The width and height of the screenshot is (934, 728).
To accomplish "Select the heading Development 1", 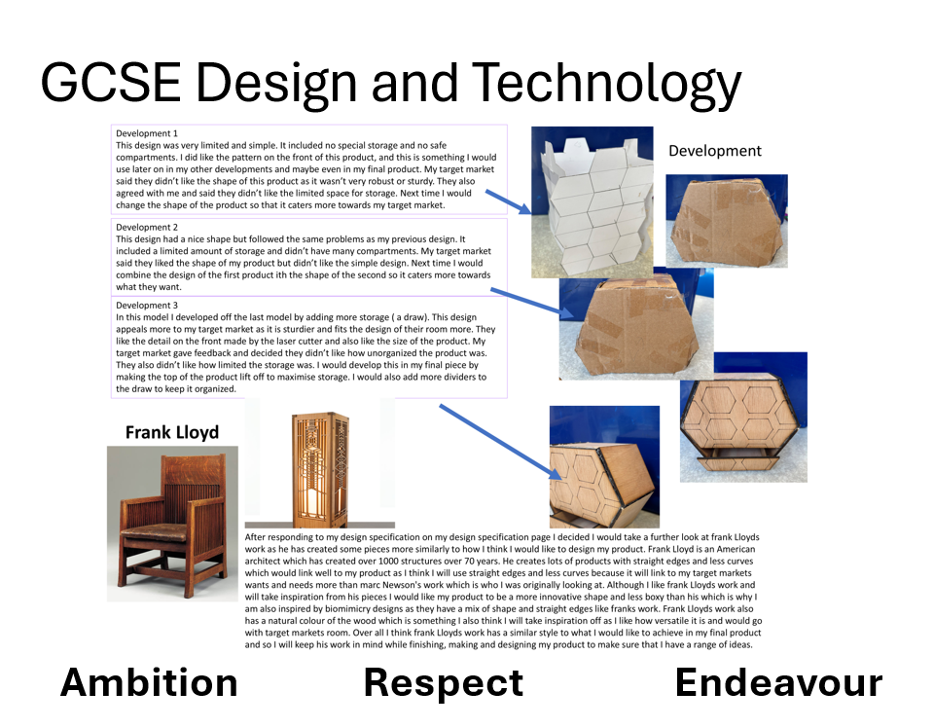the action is (x=147, y=133).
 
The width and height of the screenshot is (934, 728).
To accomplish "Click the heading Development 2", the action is (x=147, y=227).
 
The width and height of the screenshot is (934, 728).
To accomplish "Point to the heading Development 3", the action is (x=147, y=305).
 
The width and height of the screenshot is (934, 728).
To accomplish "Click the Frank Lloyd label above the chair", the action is (x=172, y=432).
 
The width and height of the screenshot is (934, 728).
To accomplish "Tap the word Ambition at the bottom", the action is (x=149, y=682).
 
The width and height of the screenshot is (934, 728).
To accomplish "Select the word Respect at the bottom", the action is (x=444, y=682).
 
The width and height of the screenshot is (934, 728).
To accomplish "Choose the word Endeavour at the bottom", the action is (x=778, y=682).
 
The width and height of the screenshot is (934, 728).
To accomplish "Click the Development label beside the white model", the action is (x=715, y=151).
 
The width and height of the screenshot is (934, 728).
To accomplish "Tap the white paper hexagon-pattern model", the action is (x=593, y=202).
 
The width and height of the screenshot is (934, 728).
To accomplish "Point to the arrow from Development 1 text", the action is (x=508, y=202).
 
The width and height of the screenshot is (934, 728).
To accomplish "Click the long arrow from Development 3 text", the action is (x=501, y=442).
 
